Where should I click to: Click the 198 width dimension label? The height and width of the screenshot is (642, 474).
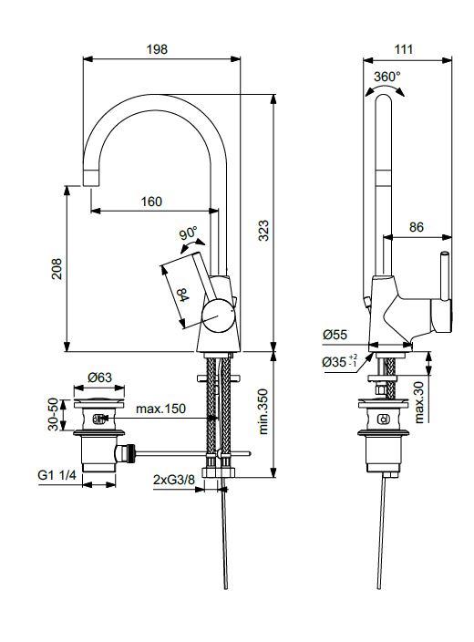pyautogui.click(x=157, y=49)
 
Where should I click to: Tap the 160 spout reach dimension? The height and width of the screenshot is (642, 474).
pyautogui.click(x=151, y=202)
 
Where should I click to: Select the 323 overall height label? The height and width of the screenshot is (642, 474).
pyautogui.click(x=264, y=231)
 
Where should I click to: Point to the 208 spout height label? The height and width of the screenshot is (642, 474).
pyautogui.click(x=57, y=269)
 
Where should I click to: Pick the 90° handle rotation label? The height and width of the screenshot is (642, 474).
pyautogui.click(x=189, y=234)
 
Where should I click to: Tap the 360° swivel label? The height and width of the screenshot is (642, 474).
pyautogui.click(x=387, y=77)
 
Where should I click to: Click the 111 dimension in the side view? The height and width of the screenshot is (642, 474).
pyautogui.click(x=404, y=49)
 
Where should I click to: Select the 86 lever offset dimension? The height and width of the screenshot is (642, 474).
pyautogui.click(x=417, y=227)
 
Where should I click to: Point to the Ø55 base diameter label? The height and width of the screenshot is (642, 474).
pyautogui.click(x=335, y=335)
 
